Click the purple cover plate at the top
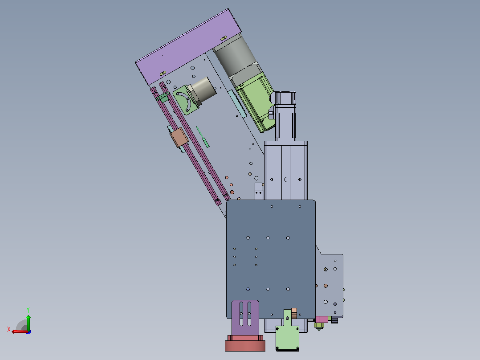click(x=188, y=47)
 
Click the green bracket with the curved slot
click(x=183, y=99)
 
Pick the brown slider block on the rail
click(x=179, y=137)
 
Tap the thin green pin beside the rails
click(x=203, y=137)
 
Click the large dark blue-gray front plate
click(x=271, y=259)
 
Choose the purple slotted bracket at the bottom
click(x=245, y=318)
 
